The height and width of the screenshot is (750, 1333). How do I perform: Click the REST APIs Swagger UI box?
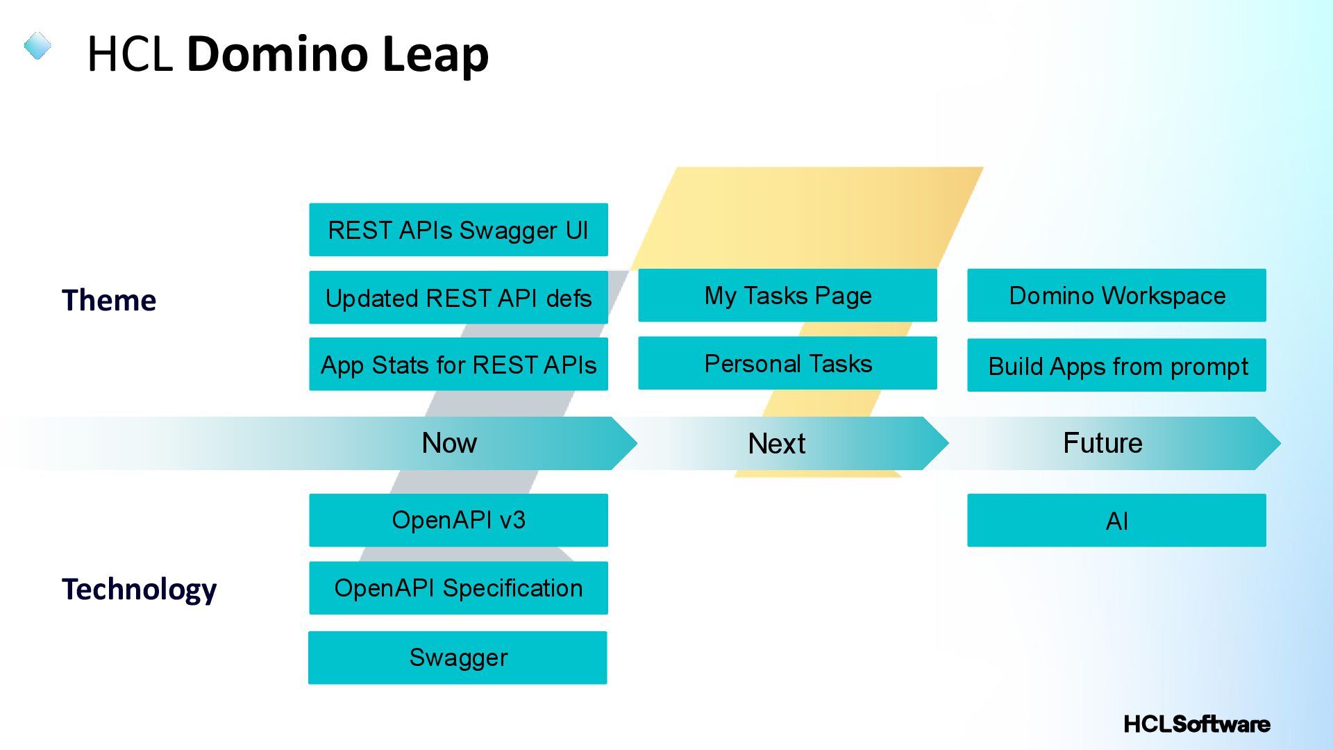(x=458, y=230)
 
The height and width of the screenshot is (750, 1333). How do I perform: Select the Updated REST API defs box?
(x=458, y=297)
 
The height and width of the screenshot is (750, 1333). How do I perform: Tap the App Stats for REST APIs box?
(x=458, y=365)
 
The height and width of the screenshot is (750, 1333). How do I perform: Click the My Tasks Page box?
(x=787, y=296)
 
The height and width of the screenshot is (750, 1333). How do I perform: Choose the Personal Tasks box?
(x=787, y=363)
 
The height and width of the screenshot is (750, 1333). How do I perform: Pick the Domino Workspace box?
(x=1116, y=296)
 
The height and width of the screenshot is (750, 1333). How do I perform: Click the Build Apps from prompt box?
(x=1116, y=365)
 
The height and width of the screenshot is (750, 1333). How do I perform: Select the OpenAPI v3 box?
(x=458, y=520)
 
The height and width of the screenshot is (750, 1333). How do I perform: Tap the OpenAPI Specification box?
(x=458, y=588)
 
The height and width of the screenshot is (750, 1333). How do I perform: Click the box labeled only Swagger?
(x=458, y=658)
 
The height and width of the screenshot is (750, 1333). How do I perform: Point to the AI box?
(x=1116, y=521)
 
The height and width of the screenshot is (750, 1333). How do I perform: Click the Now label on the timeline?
(x=449, y=443)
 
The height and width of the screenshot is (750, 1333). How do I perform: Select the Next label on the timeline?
(x=776, y=444)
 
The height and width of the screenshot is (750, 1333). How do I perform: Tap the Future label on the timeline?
(x=1103, y=443)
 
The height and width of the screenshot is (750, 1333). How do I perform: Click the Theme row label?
(x=109, y=301)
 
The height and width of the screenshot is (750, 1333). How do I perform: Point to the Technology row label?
(x=139, y=590)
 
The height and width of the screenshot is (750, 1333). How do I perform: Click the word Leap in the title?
(x=435, y=54)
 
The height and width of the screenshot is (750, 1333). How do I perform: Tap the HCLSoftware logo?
(x=1196, y=724)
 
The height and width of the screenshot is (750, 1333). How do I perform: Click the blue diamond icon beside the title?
(x=37, y=47)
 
